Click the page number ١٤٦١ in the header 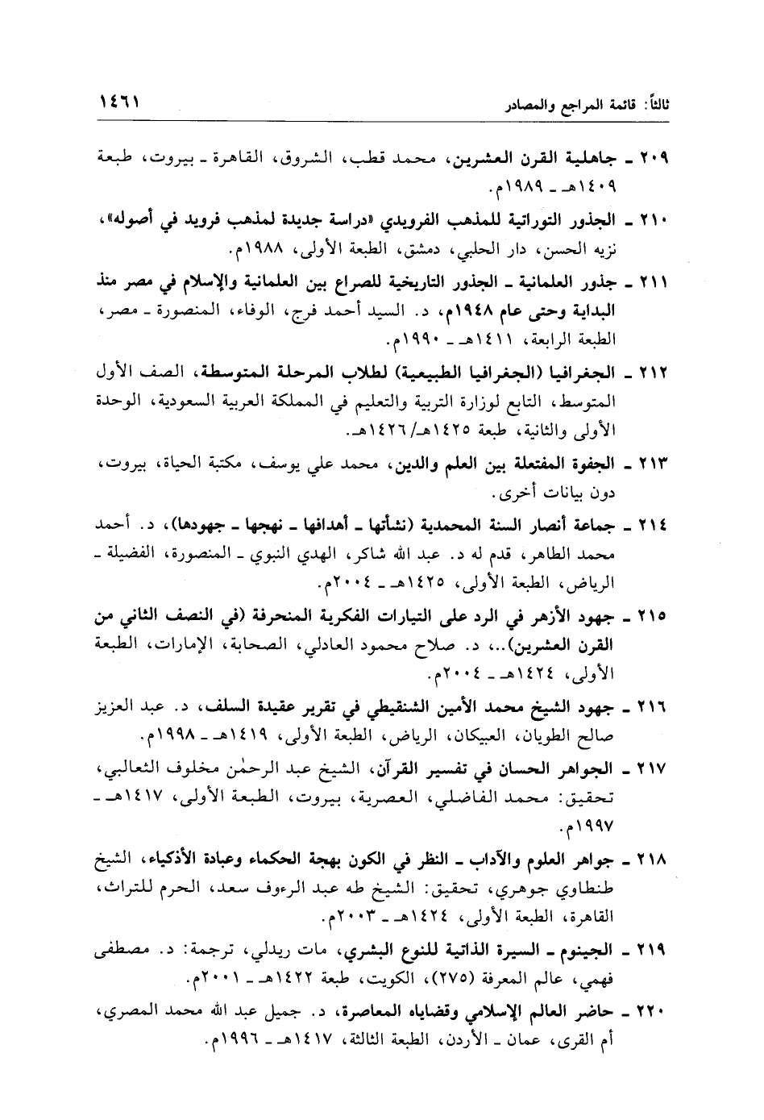120,106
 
